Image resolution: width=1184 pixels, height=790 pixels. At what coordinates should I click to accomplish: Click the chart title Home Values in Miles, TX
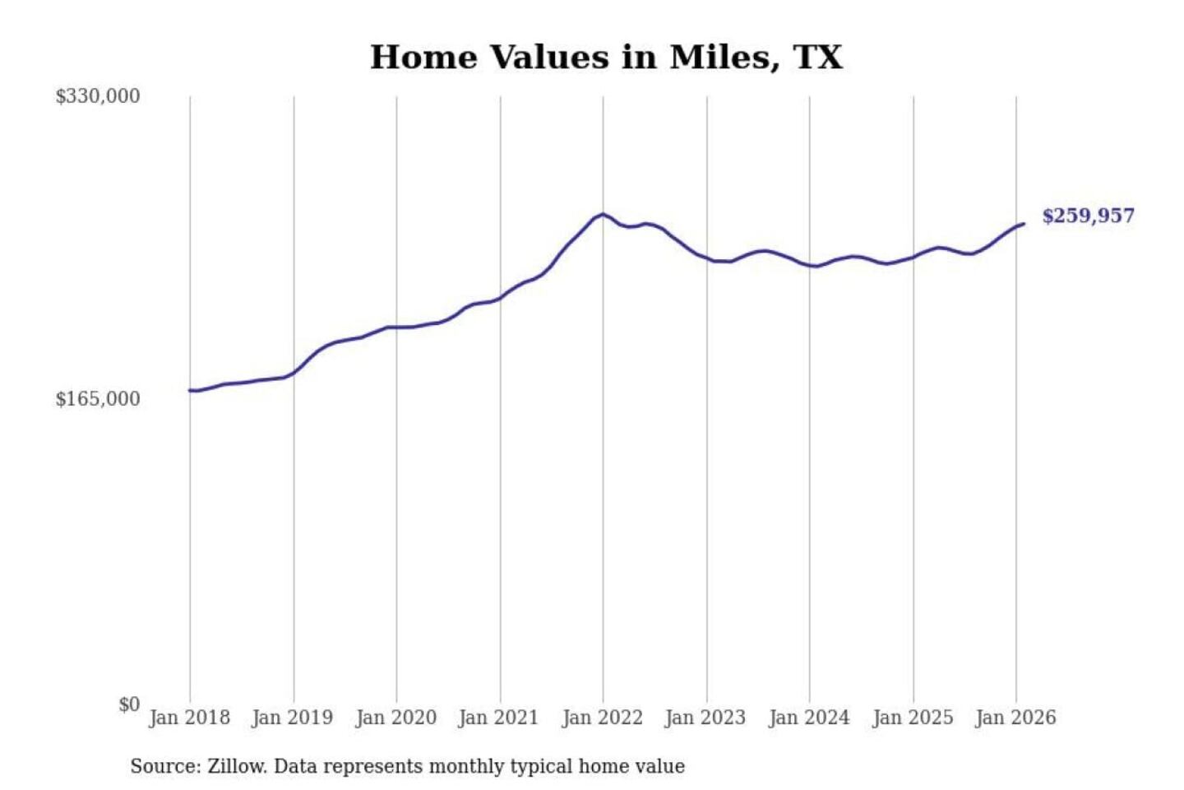(x=606, y=58)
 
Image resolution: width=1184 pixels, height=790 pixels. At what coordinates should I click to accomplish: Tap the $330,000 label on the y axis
(x=98, y=96)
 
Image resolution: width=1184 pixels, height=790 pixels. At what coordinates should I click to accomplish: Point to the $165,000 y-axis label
(x=98, y=399)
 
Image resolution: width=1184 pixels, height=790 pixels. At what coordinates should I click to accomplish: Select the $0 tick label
(x=129, y=704)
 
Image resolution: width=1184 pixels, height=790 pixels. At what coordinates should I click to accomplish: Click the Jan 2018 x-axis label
(x=189, y=718)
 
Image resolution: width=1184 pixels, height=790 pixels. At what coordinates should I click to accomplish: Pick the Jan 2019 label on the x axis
(x=292, y=718)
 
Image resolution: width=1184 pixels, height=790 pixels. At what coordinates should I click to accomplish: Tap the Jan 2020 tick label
(x=395, y=718)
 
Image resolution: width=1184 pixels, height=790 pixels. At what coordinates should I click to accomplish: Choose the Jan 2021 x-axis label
(x=498, y=718)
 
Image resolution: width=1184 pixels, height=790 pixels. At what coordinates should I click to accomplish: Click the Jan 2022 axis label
(x=602, y=718)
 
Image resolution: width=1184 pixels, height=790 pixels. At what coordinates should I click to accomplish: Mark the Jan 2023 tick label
(x=705, y=718)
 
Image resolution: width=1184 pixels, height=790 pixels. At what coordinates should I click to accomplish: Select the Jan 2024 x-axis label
(x=808, y=718)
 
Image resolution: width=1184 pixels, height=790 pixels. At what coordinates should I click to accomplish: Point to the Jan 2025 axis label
(x=912, y=718)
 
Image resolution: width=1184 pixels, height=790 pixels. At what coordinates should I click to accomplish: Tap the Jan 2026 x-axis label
(x=1015, y=718)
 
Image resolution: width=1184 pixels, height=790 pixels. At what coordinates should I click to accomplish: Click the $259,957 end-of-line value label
(x=1088, y=216)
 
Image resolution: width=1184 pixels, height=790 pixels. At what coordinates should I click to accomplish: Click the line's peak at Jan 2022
(x=603, y=214)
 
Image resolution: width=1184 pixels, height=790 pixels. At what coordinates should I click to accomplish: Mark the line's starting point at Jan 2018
(x=190, y=390)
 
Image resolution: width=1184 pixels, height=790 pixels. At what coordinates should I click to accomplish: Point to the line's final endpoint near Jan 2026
(x=1024, y=224)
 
